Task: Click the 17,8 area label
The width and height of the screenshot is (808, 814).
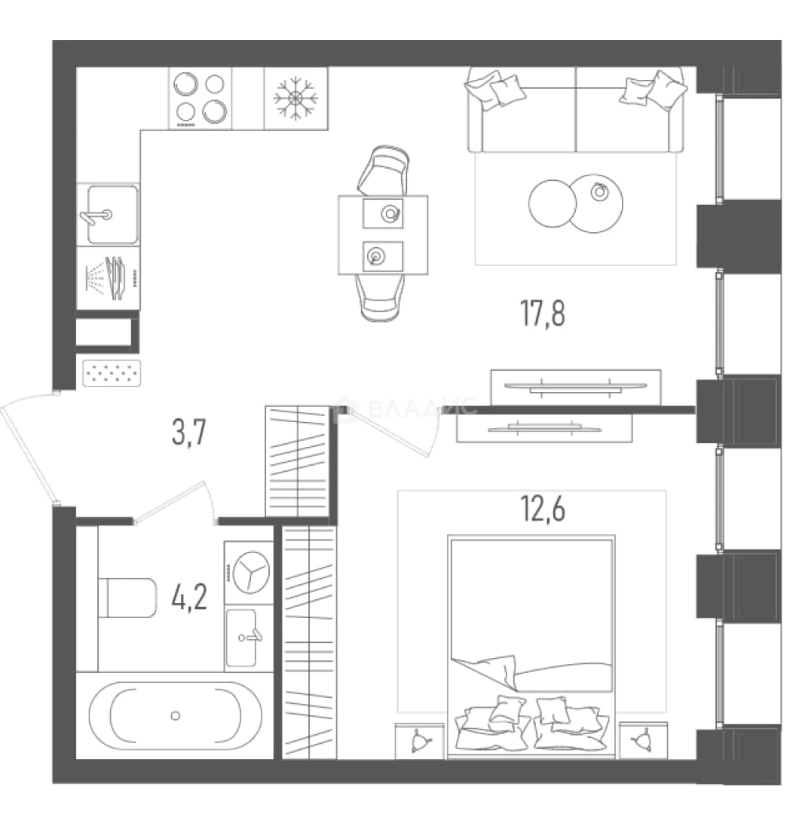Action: (x=543, y=313)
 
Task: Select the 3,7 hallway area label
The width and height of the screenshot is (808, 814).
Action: (x=189, y=432)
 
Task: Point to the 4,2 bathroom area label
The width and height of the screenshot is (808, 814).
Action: (x=189, y=597)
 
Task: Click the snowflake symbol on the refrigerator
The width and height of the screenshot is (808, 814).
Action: (x=295, y=98)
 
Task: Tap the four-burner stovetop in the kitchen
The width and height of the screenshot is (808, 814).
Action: (x=200, y=98)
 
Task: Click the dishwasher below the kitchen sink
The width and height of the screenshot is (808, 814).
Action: (x=109, y=277)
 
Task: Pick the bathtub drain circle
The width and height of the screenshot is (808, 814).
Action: (x=176, y=716)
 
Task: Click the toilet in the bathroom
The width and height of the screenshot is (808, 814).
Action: (x=127, y=598)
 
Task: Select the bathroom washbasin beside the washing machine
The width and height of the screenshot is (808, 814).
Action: (x=242, y=638)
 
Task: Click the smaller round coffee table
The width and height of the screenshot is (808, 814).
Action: (x=552, y=203)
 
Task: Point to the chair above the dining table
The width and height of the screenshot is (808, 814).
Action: (x=384, y=170)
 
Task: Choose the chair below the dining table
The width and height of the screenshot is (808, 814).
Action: (x=381, y=298)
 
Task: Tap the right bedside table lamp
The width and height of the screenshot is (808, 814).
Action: (x=643, y=740)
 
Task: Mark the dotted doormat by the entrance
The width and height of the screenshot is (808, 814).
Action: (x=112, y=373)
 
